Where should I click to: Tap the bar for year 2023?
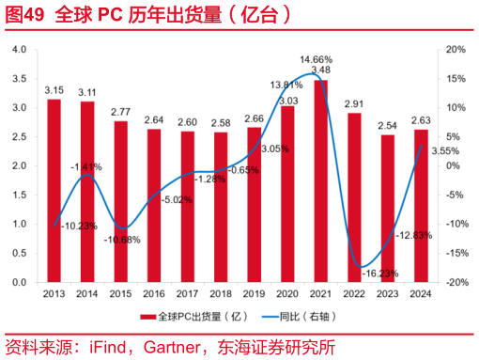point(388,208)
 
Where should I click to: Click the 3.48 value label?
point(321,70)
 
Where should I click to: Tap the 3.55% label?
point(443,150)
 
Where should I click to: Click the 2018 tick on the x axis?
point(221,293)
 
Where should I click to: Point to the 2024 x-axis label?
point(422,293)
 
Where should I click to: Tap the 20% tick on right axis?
point(455,49)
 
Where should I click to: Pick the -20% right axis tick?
point(455,282)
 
